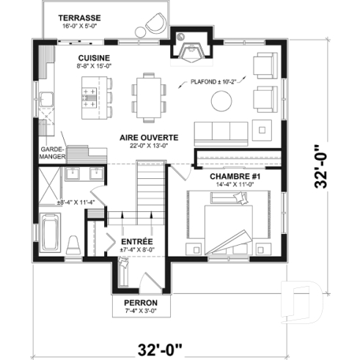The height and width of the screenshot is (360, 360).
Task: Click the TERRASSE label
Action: pyautogui.click(x=80, y=16)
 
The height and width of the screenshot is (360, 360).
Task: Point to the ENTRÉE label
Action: pyautogui.click(x=136, y=240)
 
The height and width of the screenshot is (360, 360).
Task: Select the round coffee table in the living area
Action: pyautogui.click(x=218, y=100)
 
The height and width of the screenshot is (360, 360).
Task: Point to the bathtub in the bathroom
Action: pyautogui.click(x=52, y=232)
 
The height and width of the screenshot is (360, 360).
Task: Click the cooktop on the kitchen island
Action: pyautogui.click(x=90, y=95)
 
